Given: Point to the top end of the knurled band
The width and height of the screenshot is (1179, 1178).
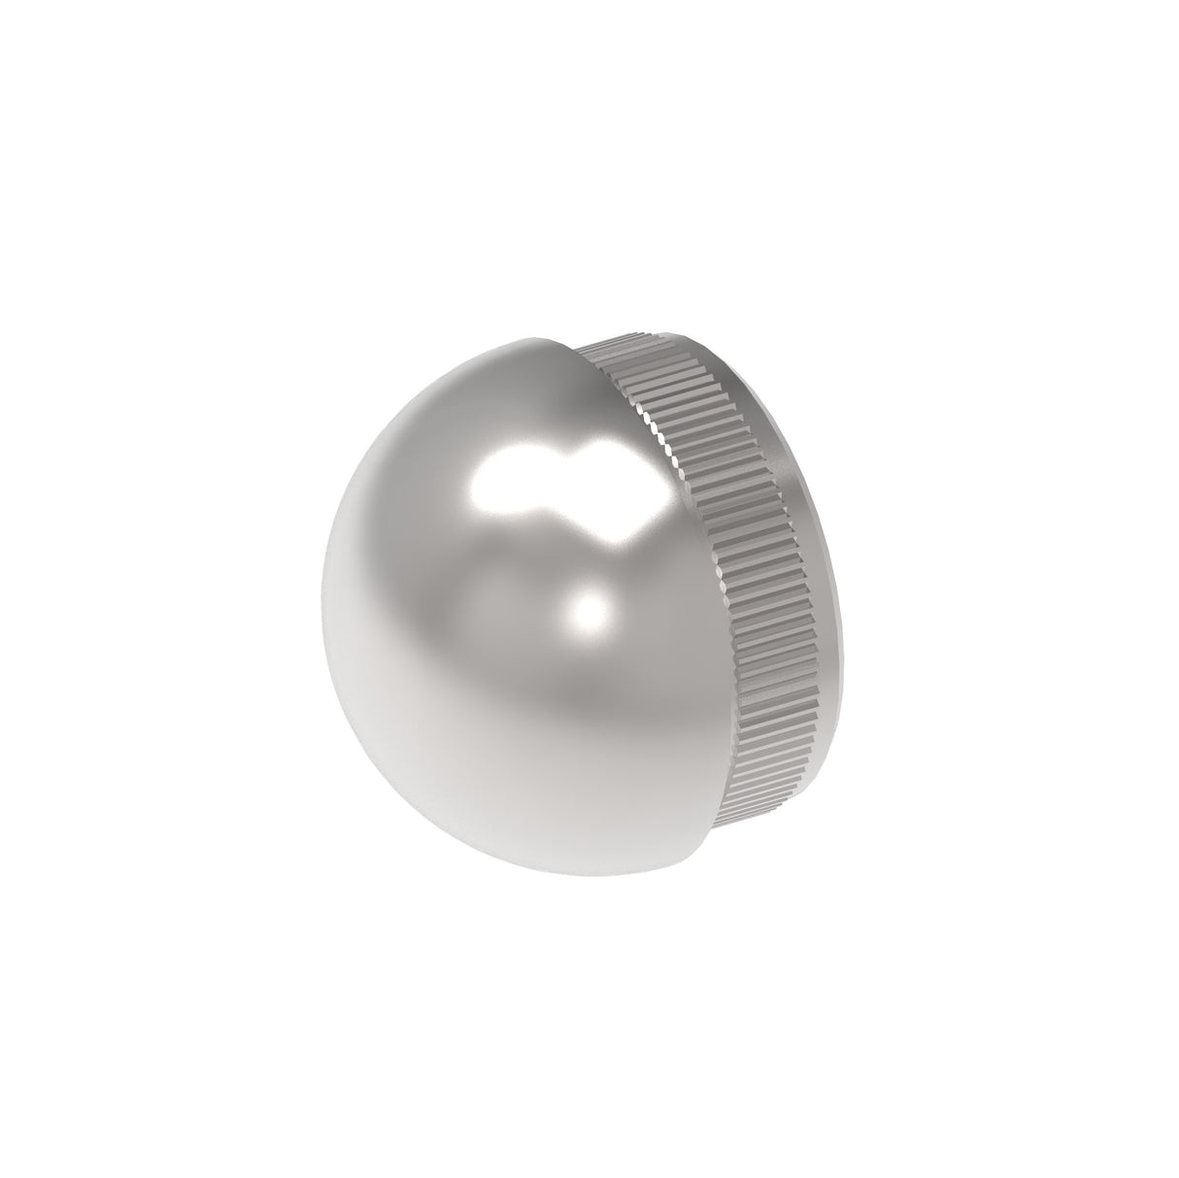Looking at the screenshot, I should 622,345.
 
